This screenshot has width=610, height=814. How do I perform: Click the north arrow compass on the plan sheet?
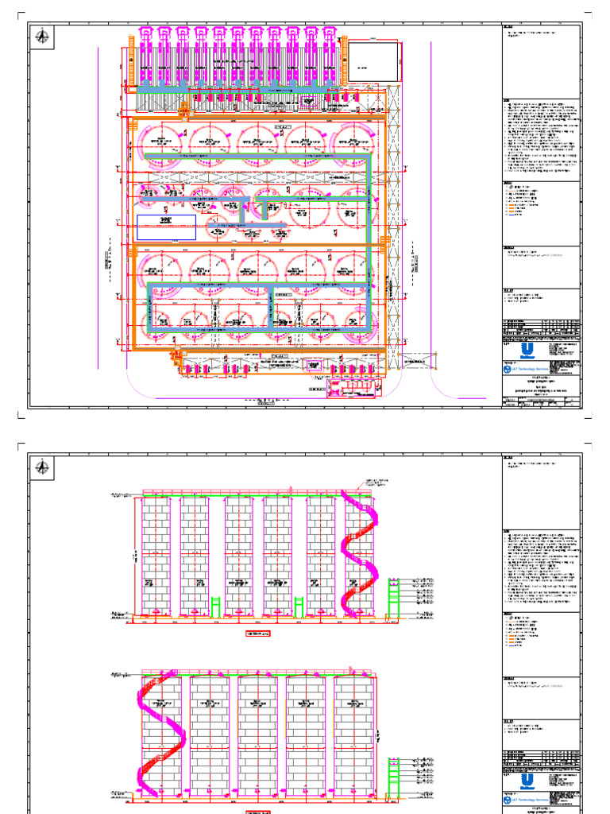41,34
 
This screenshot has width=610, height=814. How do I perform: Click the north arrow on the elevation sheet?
41,467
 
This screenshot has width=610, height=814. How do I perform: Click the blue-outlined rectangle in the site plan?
166,227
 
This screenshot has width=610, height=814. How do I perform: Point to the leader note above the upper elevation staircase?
377,482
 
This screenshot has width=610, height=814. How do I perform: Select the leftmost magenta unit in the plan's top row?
145,56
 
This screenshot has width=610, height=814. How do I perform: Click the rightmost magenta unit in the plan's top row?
329,56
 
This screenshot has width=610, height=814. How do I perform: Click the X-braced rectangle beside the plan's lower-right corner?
419,362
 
